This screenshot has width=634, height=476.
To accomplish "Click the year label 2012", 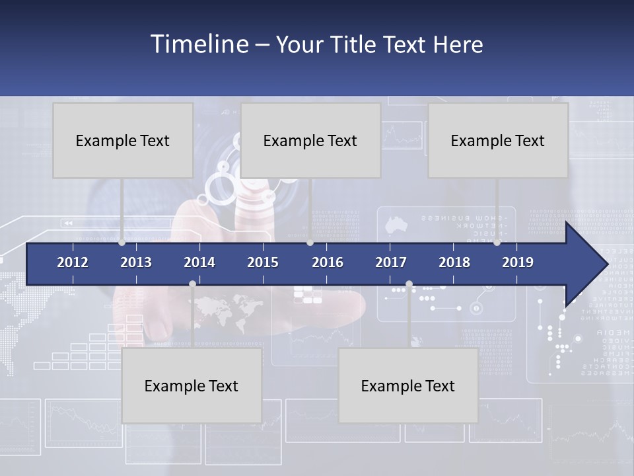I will tap(73, 262).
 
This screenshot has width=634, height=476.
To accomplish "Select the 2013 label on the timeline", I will tap(136, 262).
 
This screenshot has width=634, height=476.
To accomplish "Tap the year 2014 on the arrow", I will tap(199, 262).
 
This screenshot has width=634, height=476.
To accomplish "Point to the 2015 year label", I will tap(263, 262).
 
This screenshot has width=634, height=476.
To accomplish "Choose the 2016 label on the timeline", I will tap(328, 262).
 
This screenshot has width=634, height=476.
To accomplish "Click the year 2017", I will tap(391, 262).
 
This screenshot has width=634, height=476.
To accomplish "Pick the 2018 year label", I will tap(454, 262).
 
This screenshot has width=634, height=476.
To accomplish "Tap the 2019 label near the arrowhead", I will tap(518, 262).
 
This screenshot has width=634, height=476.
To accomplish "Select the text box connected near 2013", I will tap(123, 140).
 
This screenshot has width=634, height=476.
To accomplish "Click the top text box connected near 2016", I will tap(310, 140).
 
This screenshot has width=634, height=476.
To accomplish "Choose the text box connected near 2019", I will tap(498, 140).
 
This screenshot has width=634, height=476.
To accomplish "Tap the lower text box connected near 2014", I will tap(192, 385).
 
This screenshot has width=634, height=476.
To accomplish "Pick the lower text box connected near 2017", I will tap(408, 385).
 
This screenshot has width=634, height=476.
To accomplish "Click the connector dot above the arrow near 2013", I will tap(122, 243).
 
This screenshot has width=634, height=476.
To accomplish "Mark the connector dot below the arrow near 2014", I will tap(192, 284).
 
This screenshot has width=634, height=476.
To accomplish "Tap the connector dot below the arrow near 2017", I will tap(409, 284).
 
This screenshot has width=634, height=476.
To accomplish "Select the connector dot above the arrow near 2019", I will tap(497, 243).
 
